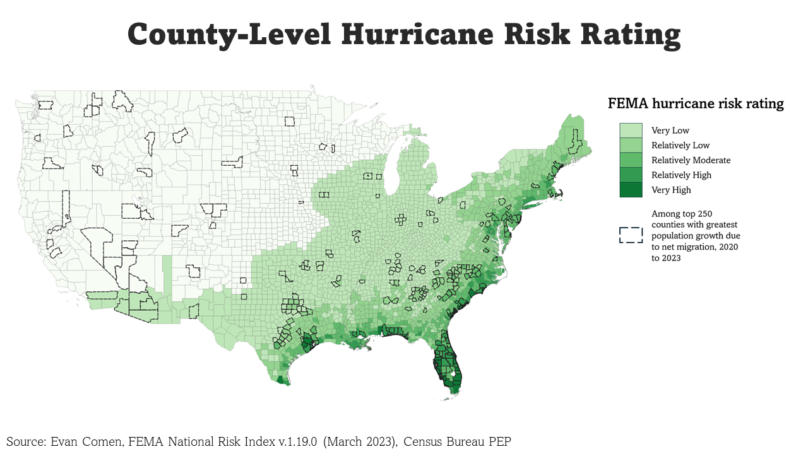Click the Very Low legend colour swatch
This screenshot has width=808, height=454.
click(x=631, y=131)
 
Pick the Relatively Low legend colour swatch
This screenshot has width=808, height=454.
click(x=631, y=145)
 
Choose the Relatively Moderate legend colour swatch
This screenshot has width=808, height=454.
click(x=631, y=160)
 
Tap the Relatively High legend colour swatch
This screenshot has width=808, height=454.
click(x=631, y=175)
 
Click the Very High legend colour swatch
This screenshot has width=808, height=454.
click(x=631, y=190)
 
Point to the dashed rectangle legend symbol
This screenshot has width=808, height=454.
click(x=631, y=235)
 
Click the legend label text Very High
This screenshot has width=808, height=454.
click(x=671, y=190)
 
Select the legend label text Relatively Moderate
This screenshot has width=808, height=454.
click(x=691, y=160)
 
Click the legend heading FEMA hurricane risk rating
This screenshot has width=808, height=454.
click(x=696, y=103)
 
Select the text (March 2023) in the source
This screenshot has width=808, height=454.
click(x=359, y=441)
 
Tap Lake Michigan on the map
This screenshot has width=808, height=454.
click(x=391, y=169)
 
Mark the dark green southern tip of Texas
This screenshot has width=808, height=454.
click(x=282, y=380)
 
